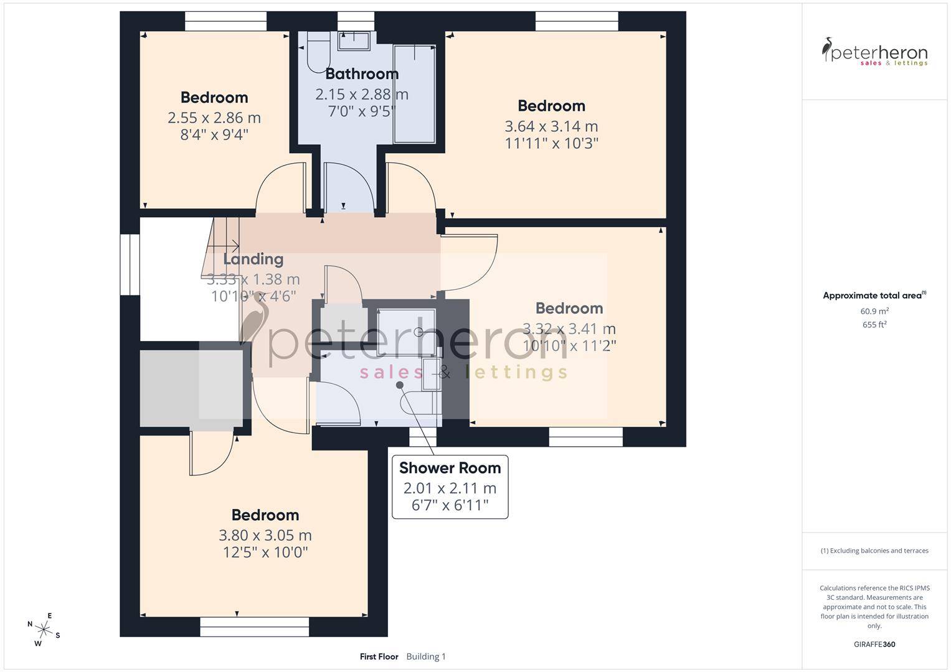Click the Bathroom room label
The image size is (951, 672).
point(362,74)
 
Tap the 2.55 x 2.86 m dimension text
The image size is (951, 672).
point(214,118)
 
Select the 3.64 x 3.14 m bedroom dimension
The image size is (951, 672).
point(551,126)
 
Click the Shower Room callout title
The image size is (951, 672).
point(450,468)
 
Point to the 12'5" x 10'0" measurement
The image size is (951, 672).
point(265,552)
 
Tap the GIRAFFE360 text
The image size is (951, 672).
point(874,644)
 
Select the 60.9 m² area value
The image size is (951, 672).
point(874,311)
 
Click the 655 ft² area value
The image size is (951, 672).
point(874,325)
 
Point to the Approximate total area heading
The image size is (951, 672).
point(873,296)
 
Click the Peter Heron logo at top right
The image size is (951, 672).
point(874,52)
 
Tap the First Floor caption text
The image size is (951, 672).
point(379,656)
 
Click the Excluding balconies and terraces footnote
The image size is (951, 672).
point(874,551)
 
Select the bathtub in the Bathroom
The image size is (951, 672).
point(414,93)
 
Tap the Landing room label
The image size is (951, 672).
point(253,259)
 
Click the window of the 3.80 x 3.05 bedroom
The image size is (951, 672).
point(254,627)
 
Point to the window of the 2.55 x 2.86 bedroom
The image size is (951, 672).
point(226,21)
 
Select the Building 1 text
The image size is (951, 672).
point(426,656)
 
